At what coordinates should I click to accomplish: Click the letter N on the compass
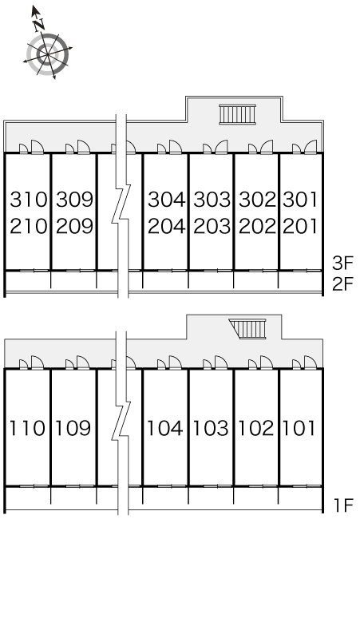[38, 26]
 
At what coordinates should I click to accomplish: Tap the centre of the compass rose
[48, 54]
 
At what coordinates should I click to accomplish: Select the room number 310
[29, 200]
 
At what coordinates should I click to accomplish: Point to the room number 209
[75, 226]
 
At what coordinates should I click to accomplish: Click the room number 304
[167, 200]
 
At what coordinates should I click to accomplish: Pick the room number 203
[212, 226]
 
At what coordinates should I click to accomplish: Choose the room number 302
[258, 200]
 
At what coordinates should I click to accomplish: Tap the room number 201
[300, 226]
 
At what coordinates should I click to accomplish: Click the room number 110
[27, 428]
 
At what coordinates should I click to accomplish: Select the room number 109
[73, 428]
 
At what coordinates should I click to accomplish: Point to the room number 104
[165, 428]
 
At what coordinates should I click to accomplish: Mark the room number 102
[256, 428]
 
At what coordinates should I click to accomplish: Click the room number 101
[299, 428]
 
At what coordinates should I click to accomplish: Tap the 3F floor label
[343, 263]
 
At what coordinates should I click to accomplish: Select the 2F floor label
[343, 283]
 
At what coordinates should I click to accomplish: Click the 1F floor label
[344, 505]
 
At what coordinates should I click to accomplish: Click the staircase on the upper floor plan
[238, 114]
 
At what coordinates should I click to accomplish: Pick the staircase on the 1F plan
[248, 329]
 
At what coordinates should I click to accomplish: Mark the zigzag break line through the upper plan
[121, 206]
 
